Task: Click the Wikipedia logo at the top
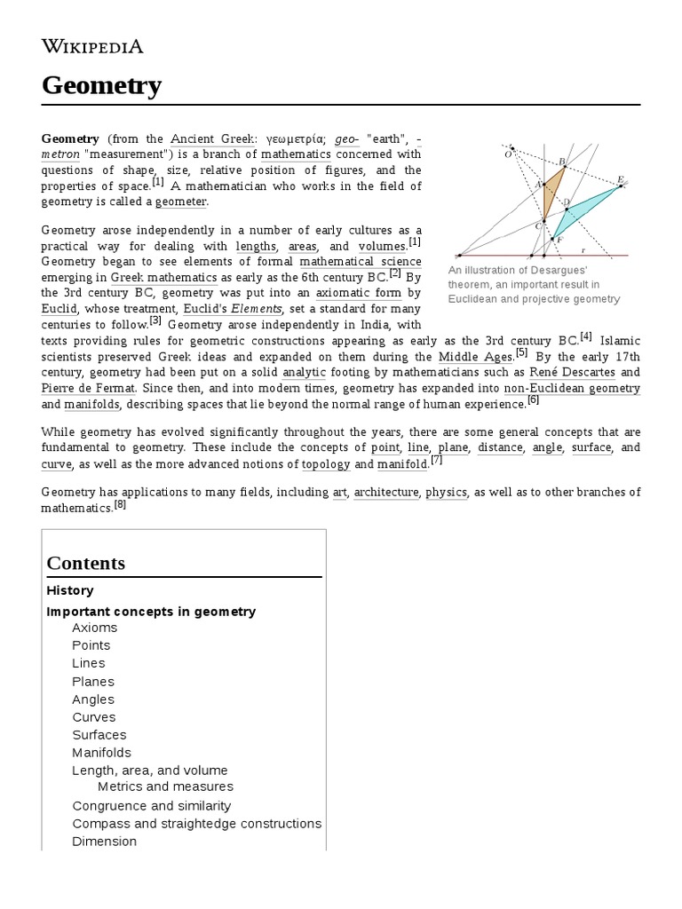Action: (92, 47)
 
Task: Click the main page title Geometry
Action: (101, 86)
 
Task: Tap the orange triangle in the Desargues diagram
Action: (551, 191)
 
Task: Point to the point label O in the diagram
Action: (508, 154)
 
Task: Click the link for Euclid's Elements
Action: (232, 309)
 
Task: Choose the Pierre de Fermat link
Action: (88, 388)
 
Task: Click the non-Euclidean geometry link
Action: (571, 388)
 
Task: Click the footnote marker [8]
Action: (120, 505)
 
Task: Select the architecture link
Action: (385, 492)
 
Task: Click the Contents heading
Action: (86, 563)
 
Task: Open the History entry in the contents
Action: (70, 590)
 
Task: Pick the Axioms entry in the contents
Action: (94, 628)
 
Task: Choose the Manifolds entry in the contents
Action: (101, 753)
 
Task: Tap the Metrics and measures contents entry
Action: (165, 786)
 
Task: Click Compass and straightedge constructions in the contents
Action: (196, 824)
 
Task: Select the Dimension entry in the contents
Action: (104, 842)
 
